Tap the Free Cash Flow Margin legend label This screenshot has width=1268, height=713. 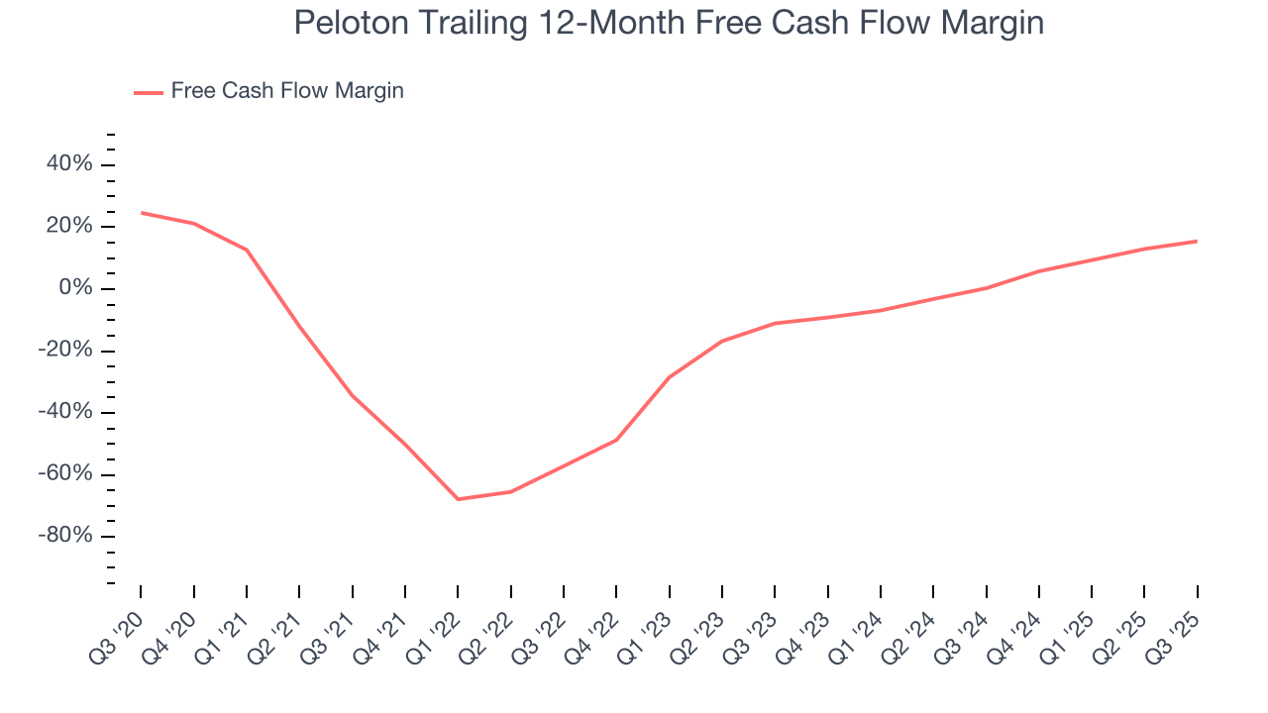pos(287,91)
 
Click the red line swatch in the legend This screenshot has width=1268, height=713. pos(149,92)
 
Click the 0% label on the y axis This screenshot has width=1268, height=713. pos(75,288)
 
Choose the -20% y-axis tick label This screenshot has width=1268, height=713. pos(66,351)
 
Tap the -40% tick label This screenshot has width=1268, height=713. pos(66,412)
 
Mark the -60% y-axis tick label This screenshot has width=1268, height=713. pos(66,474)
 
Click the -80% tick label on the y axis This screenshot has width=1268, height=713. pos(66,536)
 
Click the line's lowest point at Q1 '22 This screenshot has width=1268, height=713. pos(458,499)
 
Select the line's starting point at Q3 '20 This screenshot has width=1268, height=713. pos(141,212)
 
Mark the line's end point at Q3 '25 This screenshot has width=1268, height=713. pos(1197,241)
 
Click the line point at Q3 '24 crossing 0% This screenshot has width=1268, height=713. pos(986,288)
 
